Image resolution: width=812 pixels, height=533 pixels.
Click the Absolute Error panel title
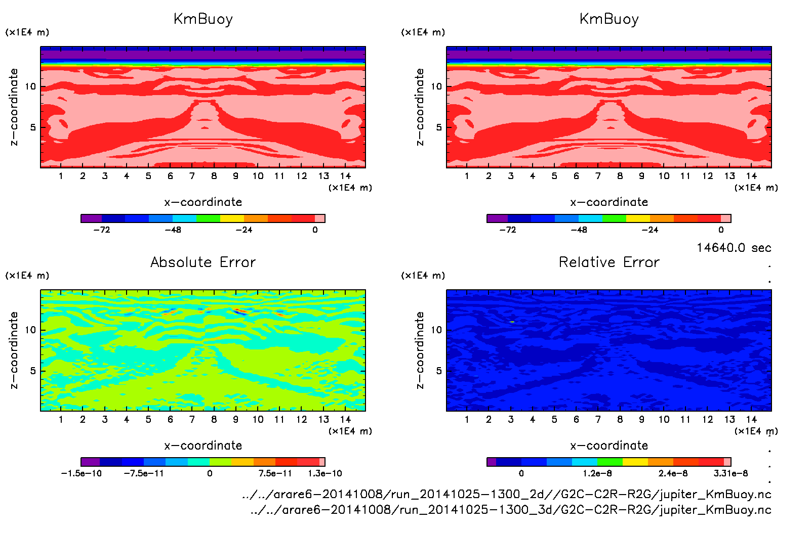point(203,262)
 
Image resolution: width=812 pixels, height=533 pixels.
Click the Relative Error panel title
point(609,262)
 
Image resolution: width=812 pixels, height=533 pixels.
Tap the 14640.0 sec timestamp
point(734,248)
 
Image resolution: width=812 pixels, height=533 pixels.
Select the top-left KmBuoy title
point(203,19)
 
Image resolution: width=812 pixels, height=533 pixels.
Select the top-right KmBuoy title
point(609,19)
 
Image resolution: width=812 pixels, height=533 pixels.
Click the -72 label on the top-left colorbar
point(102,230)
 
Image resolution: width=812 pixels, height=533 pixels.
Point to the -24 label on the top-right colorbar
point(649,230)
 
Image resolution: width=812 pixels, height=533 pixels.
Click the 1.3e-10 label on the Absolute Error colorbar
point(325,473)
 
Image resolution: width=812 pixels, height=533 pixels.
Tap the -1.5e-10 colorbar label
point(82,473)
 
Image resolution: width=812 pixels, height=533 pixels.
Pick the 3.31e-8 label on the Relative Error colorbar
point(730,473)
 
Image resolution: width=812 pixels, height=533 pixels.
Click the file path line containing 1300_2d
point(507,494)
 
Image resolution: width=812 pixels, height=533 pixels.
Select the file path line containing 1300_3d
point(511,510)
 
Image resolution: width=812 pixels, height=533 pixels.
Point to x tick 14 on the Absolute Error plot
point(345,419)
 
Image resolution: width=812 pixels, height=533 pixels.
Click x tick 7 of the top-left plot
point(192,176)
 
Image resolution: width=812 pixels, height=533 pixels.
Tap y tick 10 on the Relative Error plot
point(436,330)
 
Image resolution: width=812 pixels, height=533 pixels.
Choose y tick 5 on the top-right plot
point(439,127)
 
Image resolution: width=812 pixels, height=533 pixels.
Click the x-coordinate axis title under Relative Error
point(609,446)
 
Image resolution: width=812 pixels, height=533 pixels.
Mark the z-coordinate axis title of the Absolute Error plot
point(14,350)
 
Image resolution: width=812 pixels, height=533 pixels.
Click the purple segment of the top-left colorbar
point(91,218)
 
